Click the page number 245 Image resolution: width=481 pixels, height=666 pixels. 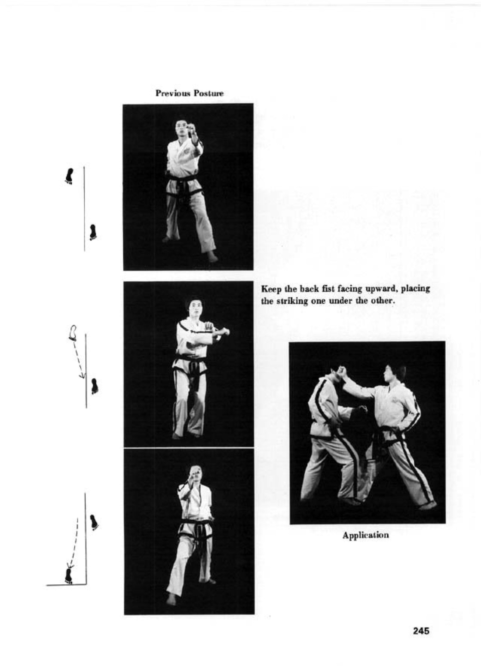[x=421, y=631]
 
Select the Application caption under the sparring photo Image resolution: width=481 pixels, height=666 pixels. [x=365, y=535]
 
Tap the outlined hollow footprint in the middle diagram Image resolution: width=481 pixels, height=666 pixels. [x=74, y=333]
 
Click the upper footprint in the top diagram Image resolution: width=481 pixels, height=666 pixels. [x=69, y=176]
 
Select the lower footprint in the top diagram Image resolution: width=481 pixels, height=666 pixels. [x=92, y=232]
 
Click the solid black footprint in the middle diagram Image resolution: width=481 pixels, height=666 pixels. [x=95, y=386]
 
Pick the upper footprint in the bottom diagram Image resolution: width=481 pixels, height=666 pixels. [x=94, y=522]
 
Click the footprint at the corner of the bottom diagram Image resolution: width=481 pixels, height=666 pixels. [x=69, y=575]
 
